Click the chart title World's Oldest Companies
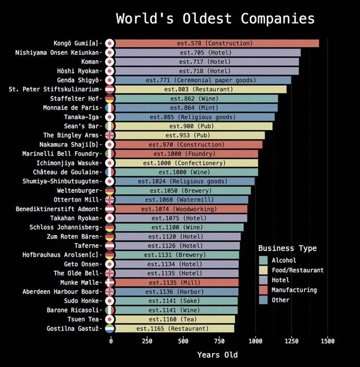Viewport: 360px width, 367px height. tap(215, 19)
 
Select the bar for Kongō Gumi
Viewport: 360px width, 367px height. tap(216, 43)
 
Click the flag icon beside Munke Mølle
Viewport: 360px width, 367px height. tap(110, 282)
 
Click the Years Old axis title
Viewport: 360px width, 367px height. tap(218, 355)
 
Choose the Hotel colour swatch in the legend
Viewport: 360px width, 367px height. tap(264, 280)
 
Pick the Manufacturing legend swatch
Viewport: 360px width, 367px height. tap(264, 290)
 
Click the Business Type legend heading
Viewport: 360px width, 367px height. tap(287, 248)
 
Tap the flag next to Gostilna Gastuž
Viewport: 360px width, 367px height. tap(110, 328)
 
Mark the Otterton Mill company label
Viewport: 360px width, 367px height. tap(76, 200)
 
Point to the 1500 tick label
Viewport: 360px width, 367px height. tap(327, 341)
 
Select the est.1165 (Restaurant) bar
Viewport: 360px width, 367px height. tap(173, 328)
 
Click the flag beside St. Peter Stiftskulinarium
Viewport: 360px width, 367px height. tap(110, 89)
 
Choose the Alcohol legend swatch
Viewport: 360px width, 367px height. tap(264, 260)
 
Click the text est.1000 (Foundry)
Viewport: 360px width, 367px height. tap(186, 154)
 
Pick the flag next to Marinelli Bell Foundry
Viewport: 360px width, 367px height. tap(110, 154)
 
